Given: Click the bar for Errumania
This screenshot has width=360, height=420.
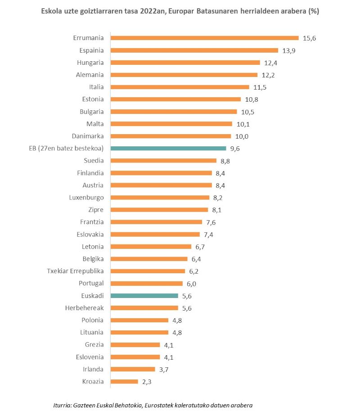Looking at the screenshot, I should click(x=204, y=38).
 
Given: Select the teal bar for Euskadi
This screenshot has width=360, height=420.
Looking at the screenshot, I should click(x=144, y=296).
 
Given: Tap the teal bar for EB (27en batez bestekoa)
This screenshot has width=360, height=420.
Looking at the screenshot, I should click(x=168, y=148).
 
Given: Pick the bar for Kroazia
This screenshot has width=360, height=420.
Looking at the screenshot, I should click(x=124, y=381).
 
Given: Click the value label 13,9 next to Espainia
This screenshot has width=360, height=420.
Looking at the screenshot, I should click(x=288, y=50).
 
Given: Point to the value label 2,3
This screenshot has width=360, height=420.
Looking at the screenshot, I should click(x=148, y=381).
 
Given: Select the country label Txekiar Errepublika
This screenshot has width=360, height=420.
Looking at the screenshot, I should click(x=75, y=271).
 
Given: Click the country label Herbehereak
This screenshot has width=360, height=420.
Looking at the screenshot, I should click(x=84, y=308).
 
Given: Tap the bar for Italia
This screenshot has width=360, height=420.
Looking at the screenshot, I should click(x=180, y=87).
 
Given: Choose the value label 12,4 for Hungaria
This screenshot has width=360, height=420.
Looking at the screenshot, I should click(x=270, y=63).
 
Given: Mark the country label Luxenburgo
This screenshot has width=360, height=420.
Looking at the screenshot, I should click(x=86, y=197).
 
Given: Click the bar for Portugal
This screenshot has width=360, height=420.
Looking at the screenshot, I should click(x=146, y=284).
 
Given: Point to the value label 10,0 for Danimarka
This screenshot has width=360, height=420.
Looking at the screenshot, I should click(x=241, y=136).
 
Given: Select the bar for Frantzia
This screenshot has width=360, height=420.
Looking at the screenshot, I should click(x=156, y=222).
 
